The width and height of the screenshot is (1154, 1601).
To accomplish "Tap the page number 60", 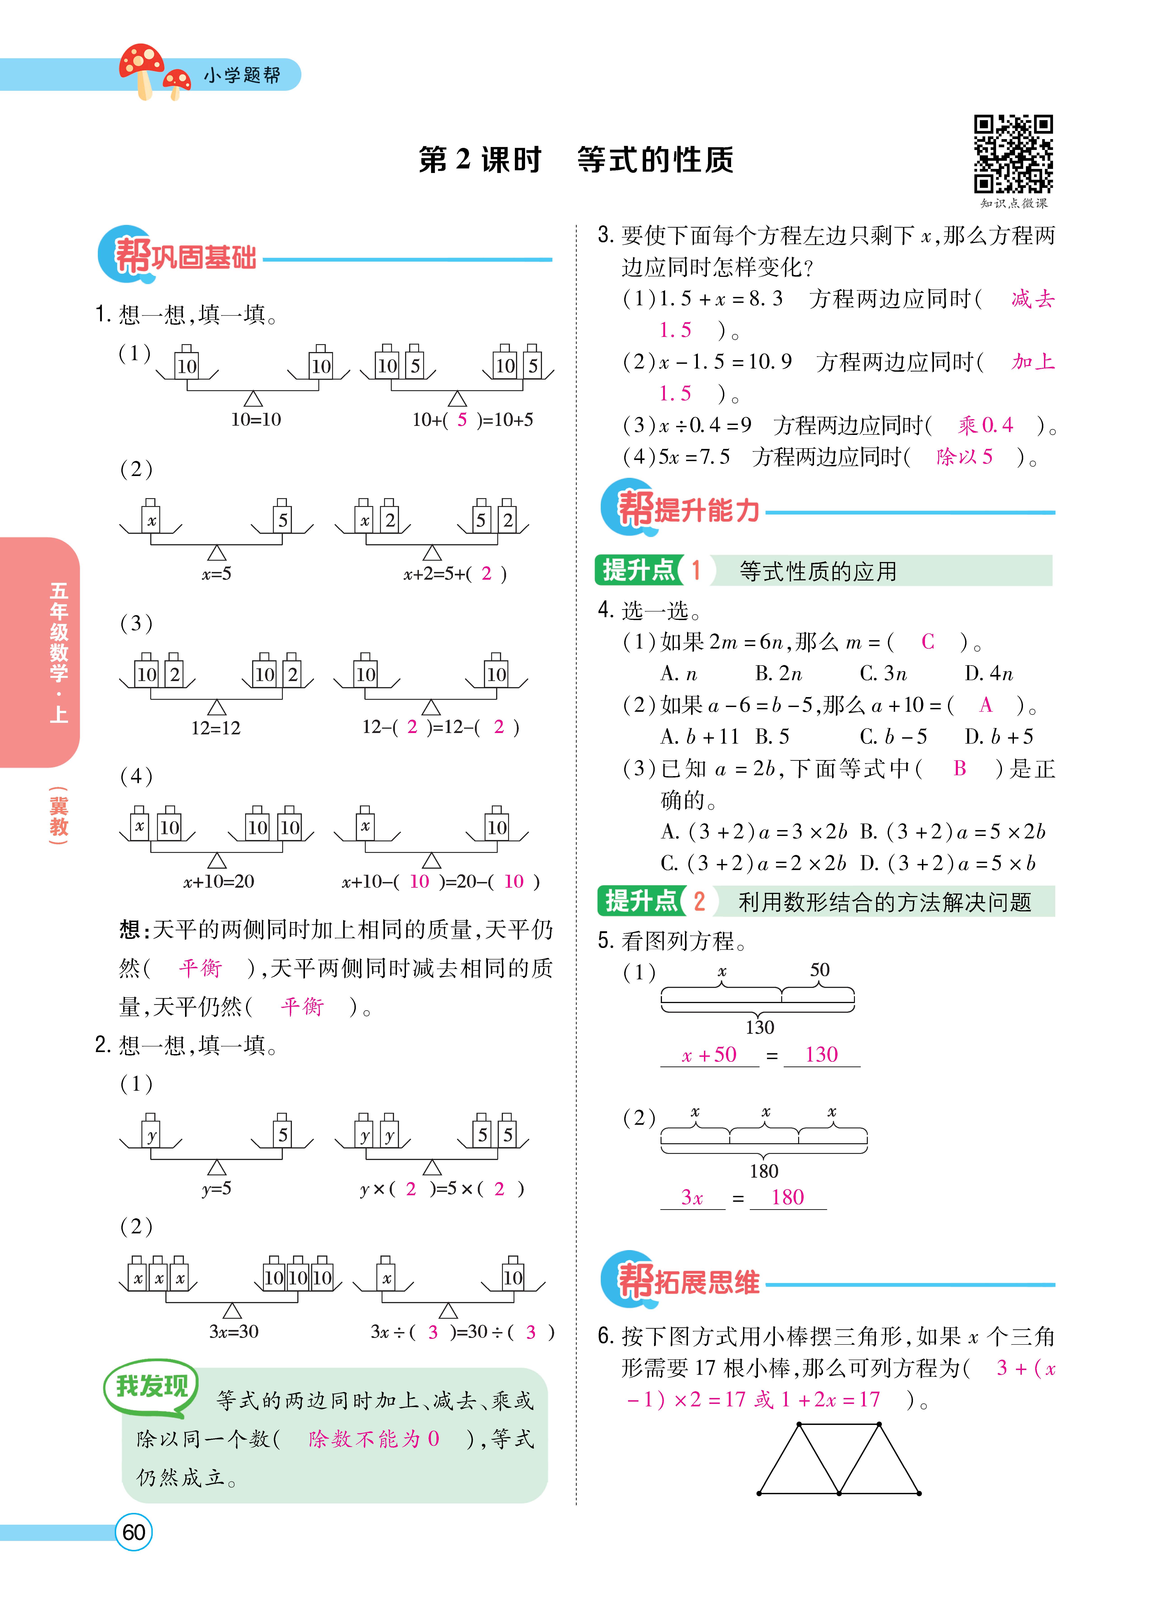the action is (134, 1532).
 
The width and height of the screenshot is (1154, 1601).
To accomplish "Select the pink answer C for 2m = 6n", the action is (927, 642).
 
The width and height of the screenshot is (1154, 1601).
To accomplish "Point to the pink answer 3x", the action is (692, 1197).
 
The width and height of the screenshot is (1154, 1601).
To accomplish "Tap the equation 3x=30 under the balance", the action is (234, 1331).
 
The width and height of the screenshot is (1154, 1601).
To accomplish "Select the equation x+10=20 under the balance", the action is (218, 881).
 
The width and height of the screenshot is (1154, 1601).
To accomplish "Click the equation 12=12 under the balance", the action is (215, 728).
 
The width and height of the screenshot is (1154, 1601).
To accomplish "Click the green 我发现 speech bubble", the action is (152, 1386).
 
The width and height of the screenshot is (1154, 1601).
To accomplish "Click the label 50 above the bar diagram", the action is (819, 970).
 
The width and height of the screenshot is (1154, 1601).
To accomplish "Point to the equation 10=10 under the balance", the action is (256, 419).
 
